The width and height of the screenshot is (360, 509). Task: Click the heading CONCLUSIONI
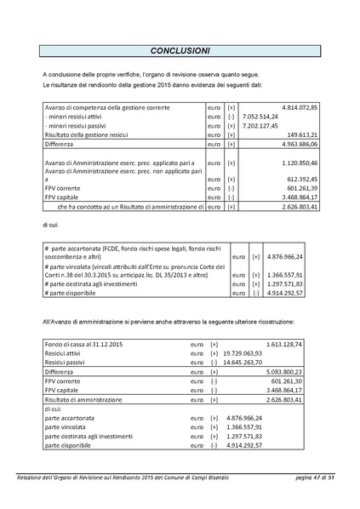pyautogui.click(x=180, y=50)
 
